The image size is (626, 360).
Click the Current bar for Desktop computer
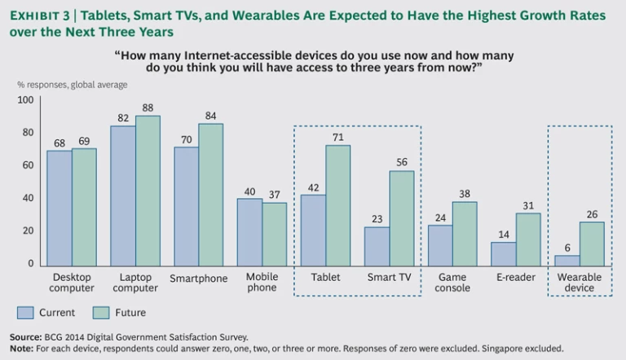coord(59,208)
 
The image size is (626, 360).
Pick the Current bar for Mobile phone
coord(249,231)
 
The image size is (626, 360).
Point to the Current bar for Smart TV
coord(377,245)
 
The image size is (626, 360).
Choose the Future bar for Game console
coord(465,233)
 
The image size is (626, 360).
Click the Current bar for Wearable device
coord(567,259)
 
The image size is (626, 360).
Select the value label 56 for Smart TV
coord(402,161)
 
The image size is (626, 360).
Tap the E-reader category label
coord(517,278)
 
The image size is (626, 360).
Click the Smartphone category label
coord(199,279)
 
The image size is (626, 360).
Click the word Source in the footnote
coord(24,336)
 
